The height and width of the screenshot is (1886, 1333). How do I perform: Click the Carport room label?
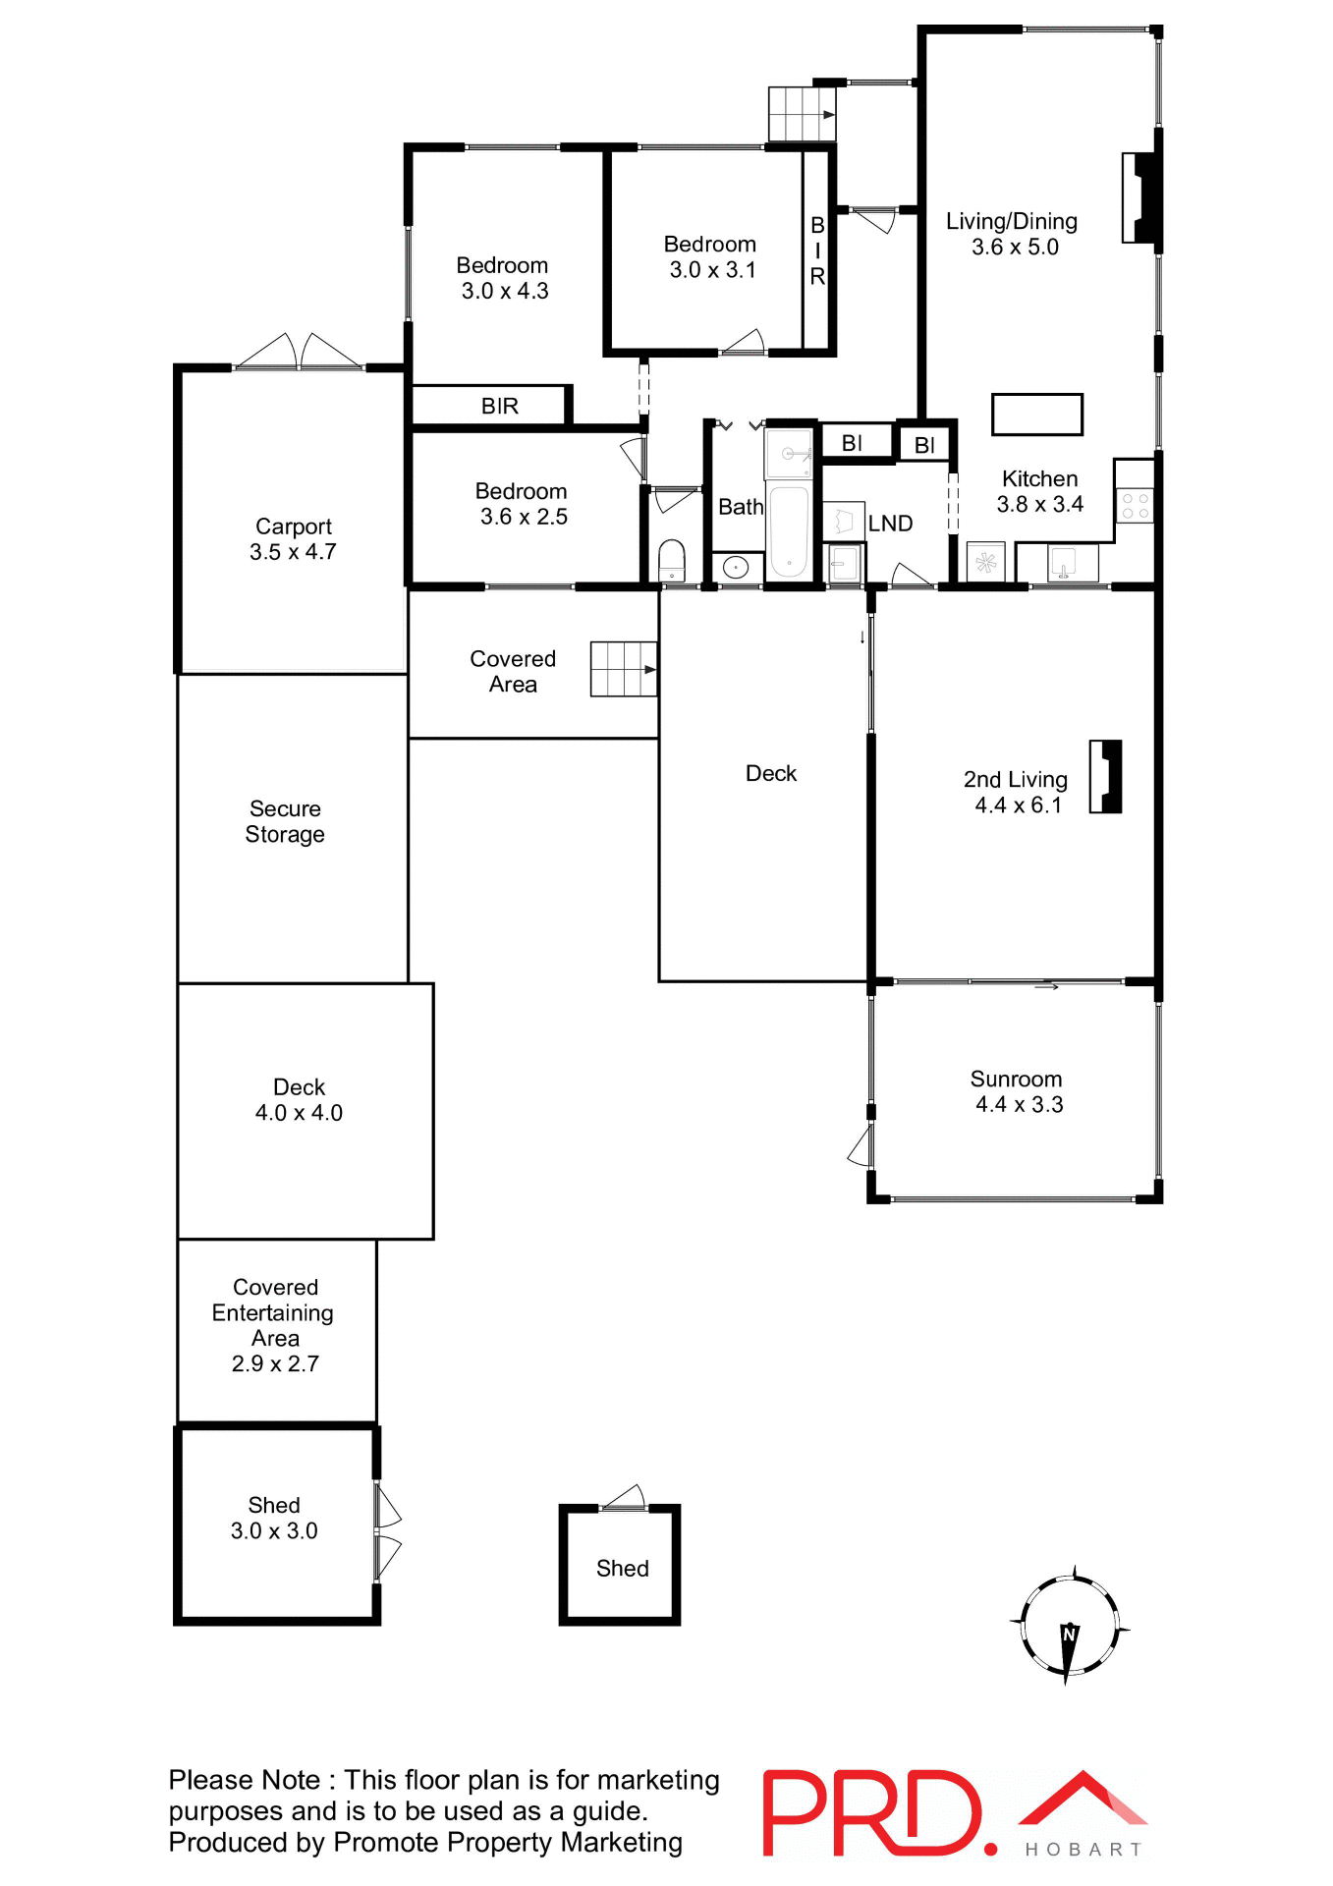(293, 527)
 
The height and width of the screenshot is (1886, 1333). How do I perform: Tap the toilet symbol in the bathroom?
(672, 562)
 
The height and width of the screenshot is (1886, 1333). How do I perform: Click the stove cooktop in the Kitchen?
(1136, 506)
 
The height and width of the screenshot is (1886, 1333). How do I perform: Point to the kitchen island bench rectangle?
(1036, 415)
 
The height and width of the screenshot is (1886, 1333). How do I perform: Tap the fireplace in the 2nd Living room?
(1107, 777)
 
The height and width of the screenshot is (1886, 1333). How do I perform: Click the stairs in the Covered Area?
(623, 669)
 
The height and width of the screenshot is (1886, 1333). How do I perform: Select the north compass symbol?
(1069, 1626)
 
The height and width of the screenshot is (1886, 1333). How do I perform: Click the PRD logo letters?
(870, 1813)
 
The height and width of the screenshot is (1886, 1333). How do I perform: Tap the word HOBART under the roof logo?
(1083, 1850)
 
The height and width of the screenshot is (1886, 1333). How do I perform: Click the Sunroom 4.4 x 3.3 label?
(1017, 1091)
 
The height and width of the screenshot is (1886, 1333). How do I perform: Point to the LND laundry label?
(890, 525)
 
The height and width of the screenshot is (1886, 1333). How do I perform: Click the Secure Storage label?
(285, 821)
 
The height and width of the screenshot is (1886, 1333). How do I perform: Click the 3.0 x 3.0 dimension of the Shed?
(274, 1531)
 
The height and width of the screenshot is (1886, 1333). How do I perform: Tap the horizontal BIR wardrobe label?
(499, 407)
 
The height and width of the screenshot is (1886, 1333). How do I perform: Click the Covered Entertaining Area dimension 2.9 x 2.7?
(275, 1364)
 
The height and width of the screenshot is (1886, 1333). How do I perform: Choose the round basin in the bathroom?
(736, 567)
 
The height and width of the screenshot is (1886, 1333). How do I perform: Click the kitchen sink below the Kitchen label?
(1062, 564)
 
